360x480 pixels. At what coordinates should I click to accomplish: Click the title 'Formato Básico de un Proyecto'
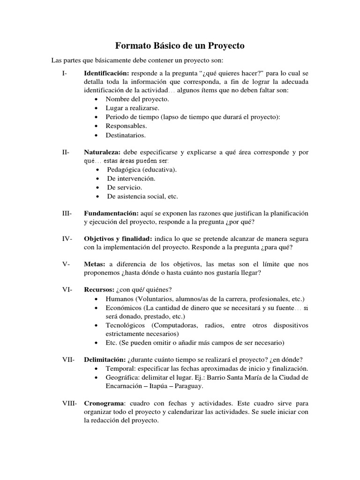180,46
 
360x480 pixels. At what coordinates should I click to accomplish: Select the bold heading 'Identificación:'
106,74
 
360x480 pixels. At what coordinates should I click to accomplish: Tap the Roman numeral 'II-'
66,152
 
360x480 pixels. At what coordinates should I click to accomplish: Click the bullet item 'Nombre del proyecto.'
137,99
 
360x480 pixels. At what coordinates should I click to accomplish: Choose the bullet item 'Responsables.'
126,126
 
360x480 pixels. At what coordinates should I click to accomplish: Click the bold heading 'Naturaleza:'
102,152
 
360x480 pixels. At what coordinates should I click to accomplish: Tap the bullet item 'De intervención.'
131,179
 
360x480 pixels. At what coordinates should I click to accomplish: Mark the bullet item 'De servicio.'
124,187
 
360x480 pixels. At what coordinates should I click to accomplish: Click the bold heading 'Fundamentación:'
111,213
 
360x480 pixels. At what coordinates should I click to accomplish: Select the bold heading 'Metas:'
94,264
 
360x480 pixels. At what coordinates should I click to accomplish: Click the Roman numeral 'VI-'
67,290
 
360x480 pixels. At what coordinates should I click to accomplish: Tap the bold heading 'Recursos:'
99,290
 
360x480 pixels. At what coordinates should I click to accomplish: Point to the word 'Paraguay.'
189,387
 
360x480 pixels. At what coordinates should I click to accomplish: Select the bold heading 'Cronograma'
104,403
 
